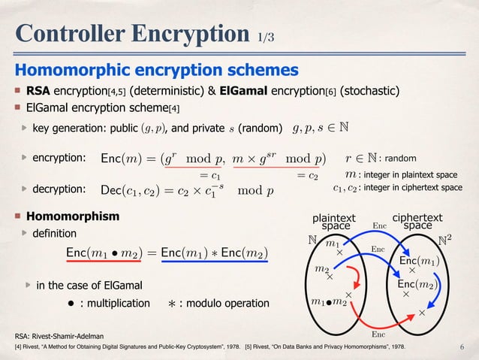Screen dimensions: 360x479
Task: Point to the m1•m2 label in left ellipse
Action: tap(328, 302)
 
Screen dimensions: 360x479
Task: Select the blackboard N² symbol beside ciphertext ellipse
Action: tap(445, 242)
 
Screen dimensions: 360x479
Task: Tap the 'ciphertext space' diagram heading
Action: tap(417, 221)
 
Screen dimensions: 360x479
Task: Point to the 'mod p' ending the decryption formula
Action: tap(255, 189)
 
